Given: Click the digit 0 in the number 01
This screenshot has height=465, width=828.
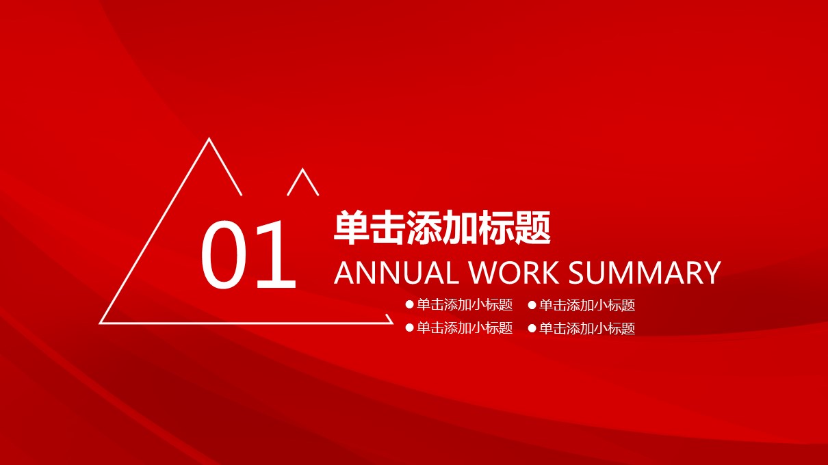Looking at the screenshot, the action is click(224, 254).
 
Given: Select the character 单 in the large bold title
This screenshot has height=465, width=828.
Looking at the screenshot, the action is click(352, 228).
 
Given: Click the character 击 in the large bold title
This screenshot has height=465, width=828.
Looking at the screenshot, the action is click(388, 228).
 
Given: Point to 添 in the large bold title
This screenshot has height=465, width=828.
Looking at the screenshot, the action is click(424, 228).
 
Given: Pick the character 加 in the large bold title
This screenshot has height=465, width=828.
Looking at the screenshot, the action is click(461, 228).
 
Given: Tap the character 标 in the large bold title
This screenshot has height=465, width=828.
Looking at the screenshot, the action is click(496, 228).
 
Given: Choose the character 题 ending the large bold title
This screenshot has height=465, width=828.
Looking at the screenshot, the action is click(532, 228).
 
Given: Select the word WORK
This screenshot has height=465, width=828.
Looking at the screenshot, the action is click(514, 273).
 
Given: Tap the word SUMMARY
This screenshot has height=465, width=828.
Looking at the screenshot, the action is click(645, 273).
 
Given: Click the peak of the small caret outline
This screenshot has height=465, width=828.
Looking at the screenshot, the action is click(302, 169).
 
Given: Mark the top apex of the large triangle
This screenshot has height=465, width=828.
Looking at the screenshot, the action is click(209, 139).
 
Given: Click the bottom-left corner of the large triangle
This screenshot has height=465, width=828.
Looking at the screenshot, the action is click(100, 323).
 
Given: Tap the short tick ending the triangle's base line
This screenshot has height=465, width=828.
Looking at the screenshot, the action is click(389, 319).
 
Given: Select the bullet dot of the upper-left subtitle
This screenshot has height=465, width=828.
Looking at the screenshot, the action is click(409, 305).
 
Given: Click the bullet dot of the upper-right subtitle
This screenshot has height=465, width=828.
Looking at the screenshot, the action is click(532, 305).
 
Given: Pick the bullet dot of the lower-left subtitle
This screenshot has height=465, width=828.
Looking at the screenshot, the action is click(409, 328).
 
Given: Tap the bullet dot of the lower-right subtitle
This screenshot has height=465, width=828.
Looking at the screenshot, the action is click(532, 328).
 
